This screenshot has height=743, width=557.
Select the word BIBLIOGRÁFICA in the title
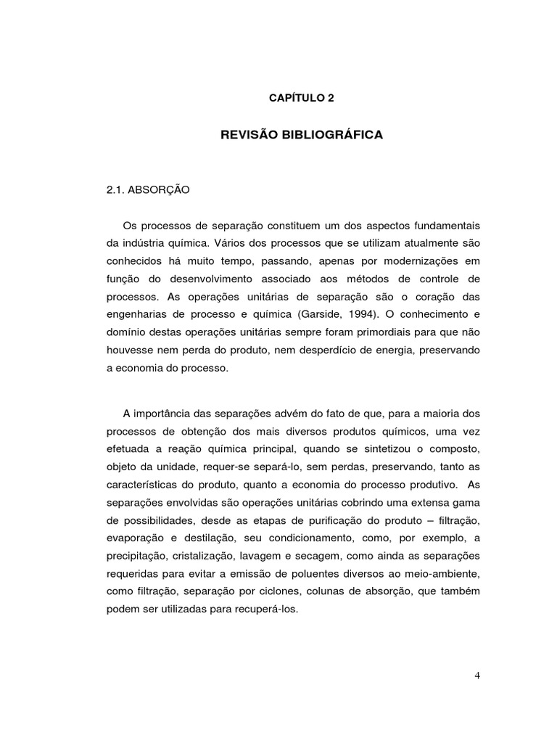(338, 135)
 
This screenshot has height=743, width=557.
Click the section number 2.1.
(116, 190)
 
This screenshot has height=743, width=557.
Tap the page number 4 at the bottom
(477, 676)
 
